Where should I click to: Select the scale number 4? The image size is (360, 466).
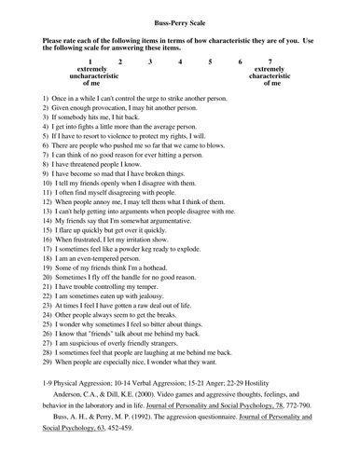(x=180, y=61)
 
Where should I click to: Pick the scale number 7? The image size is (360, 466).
(x=270, y=61)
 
